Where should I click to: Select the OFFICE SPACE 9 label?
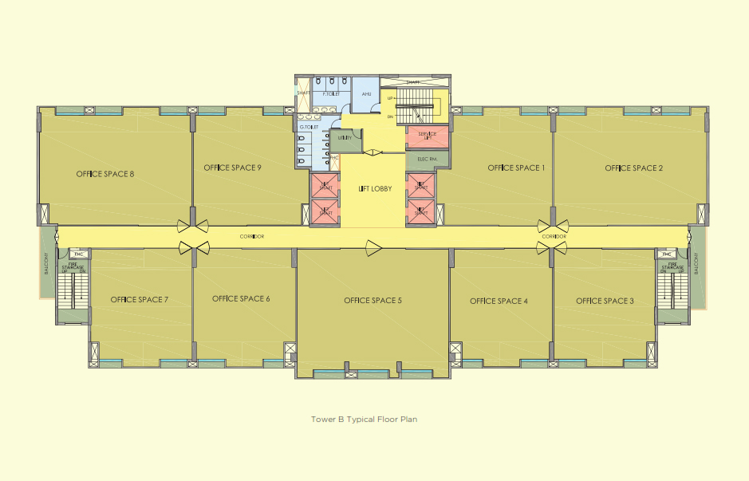[233, 168]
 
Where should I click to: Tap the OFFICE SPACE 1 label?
[516, 168]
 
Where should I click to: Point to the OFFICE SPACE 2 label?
[634, 168]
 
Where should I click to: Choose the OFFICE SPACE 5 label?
[373, 301]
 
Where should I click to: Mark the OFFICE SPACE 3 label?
[605, 301]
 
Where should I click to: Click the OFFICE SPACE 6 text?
[241, 298]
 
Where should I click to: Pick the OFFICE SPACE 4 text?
[499, 301]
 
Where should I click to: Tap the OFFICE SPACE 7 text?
[140, 299]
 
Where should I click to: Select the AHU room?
[366, 95]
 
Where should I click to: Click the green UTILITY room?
[345, 139]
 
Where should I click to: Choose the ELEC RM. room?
[428, 159]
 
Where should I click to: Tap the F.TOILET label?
[331, 94]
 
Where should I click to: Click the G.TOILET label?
[309, 127]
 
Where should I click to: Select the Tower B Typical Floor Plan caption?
[364, 418]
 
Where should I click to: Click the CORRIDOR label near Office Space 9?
[252, 237]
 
